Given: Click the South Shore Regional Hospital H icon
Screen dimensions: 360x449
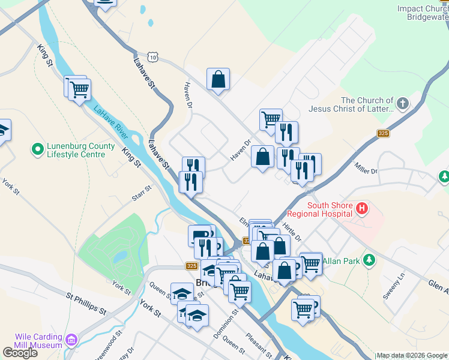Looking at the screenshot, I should click(361, 209).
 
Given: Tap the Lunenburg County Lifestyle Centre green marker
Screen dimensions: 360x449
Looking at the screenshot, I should click(38, 148).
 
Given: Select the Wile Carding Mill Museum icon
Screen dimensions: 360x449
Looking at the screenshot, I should click(71, 340).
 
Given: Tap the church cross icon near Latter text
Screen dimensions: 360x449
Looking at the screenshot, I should click(403, 104).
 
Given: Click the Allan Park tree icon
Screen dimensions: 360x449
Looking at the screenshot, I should click(370, 260).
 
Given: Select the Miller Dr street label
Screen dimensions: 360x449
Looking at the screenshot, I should click(366, 167).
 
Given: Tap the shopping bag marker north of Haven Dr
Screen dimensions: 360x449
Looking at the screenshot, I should click(218, 79).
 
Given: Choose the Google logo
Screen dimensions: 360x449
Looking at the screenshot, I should click(20, 352).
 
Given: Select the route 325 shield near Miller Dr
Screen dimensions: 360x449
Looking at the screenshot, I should click(383, 133).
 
